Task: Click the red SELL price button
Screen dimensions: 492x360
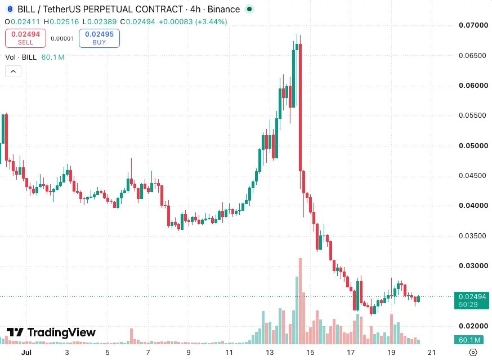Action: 25,38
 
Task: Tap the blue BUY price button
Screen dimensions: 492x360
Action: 99,38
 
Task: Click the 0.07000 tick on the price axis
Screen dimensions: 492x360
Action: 473,25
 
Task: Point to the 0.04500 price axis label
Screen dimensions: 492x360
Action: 472,176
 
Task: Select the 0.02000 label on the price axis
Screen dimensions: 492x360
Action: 473,326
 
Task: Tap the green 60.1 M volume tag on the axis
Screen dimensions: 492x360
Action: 469,340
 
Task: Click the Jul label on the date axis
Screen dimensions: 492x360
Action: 26,353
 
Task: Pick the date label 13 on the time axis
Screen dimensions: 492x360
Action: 270,353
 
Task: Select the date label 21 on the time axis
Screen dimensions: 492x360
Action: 432,353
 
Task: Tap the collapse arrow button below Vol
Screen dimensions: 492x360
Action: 13,72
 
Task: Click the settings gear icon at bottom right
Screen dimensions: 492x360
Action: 473,353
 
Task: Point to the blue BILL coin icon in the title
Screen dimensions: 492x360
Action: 10,9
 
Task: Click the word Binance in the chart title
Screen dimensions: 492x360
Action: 223,9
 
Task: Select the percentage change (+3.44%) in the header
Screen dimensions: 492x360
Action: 211,21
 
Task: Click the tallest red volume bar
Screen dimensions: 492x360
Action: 300,301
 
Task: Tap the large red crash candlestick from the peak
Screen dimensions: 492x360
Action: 300,108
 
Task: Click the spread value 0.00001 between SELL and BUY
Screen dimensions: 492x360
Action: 62,39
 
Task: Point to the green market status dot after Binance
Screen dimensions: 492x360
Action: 249,9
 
